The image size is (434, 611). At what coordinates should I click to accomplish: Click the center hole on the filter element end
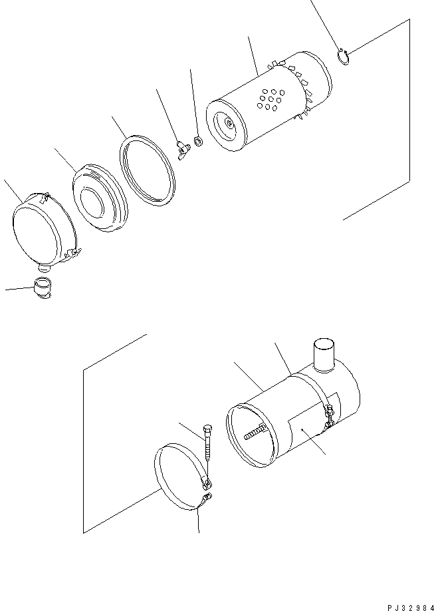coord(229,122)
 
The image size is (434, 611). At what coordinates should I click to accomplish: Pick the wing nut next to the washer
coord(181,148)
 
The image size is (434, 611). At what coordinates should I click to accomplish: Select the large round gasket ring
coord(147,170)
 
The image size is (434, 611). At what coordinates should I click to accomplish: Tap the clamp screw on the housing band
coord(328,416)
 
